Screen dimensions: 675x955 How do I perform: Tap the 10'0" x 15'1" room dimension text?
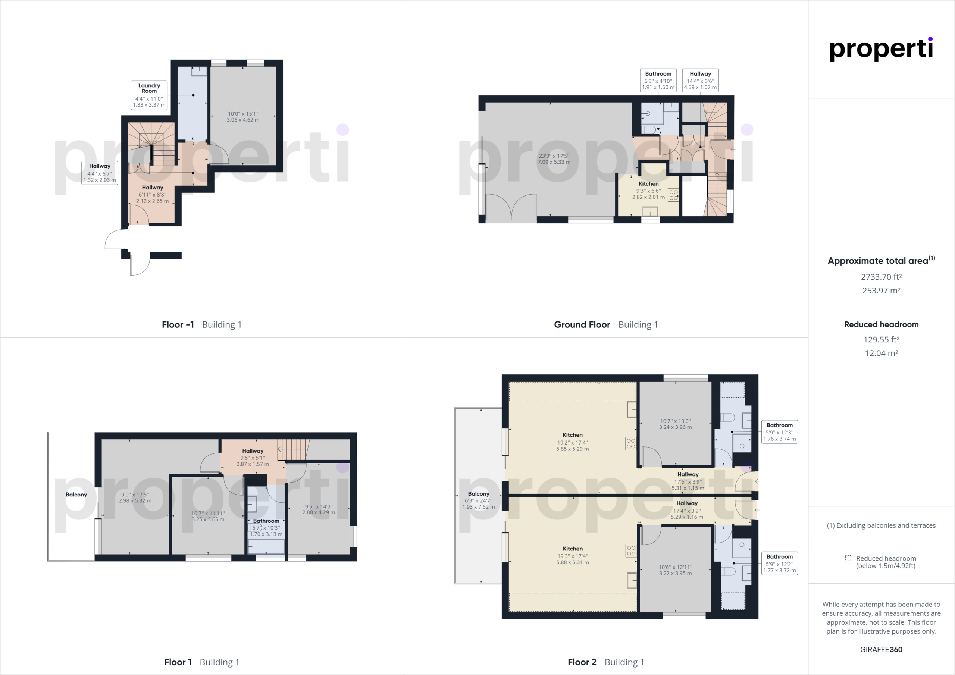pos(243,117)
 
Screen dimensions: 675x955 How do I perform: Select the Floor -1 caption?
pos(178,324)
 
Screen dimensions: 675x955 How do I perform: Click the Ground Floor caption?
pos(582,324)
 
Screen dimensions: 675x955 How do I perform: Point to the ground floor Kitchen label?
pos(648,184)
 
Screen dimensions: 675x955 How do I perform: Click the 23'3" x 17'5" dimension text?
pos(554,159)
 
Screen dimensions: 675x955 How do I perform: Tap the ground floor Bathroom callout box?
pos(658,80)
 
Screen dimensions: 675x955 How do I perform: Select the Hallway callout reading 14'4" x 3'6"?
pos(700,80)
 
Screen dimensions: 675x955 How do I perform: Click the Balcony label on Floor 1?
pos(76,495)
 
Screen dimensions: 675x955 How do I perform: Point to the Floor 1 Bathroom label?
pos(266,521)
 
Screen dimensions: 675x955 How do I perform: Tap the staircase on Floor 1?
pos(293,450)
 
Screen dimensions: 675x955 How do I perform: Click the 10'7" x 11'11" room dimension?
pos(208,516)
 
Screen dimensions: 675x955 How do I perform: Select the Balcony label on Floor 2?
pos(478,494)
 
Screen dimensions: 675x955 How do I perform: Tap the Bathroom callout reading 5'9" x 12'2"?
pos(779,563)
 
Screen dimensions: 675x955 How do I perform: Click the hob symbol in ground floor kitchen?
pos(673,195)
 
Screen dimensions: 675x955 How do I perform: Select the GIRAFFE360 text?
pos(881,649)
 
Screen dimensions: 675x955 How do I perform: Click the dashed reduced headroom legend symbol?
pos(848,558)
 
